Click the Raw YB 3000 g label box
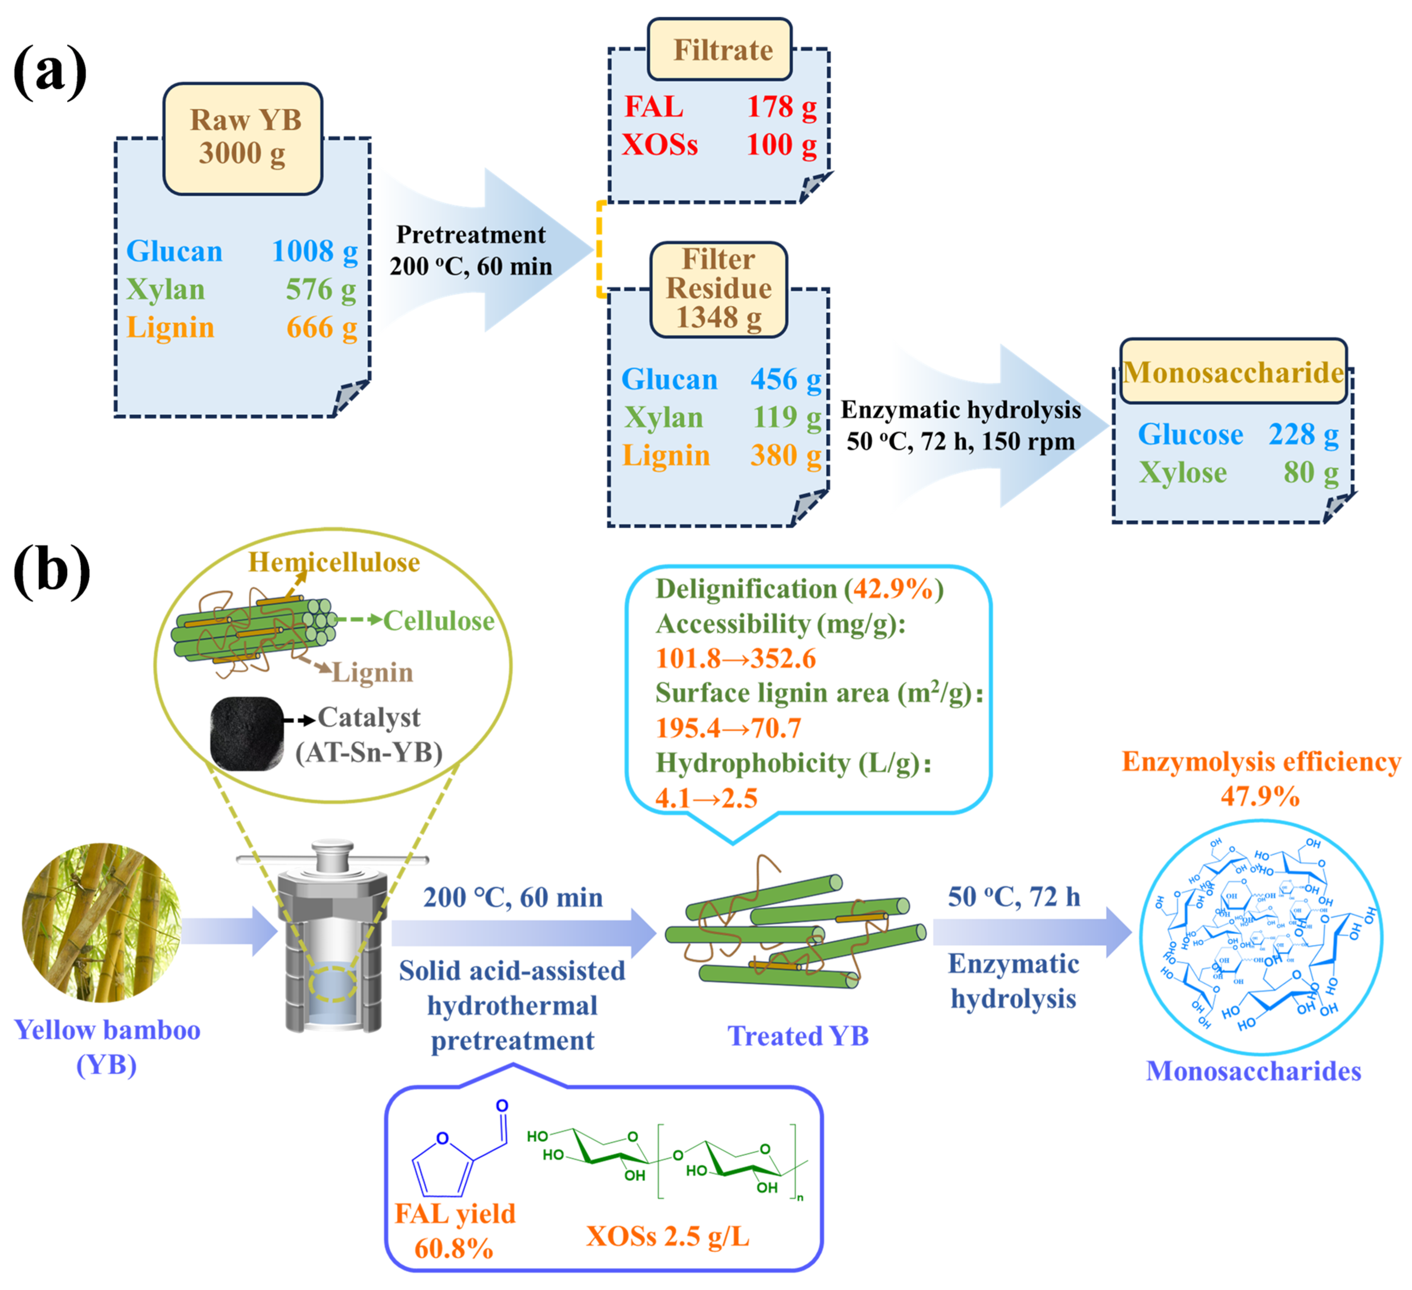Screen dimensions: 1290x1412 [242, 138]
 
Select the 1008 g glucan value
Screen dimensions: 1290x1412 [314, 251]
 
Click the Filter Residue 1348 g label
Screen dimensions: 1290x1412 [719, 289]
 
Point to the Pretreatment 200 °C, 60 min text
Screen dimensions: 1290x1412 [471, 250]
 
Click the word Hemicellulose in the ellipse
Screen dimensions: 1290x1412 [334, 562]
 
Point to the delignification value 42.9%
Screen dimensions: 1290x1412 [892, 589]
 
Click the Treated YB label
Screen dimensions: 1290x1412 [798, 1036]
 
